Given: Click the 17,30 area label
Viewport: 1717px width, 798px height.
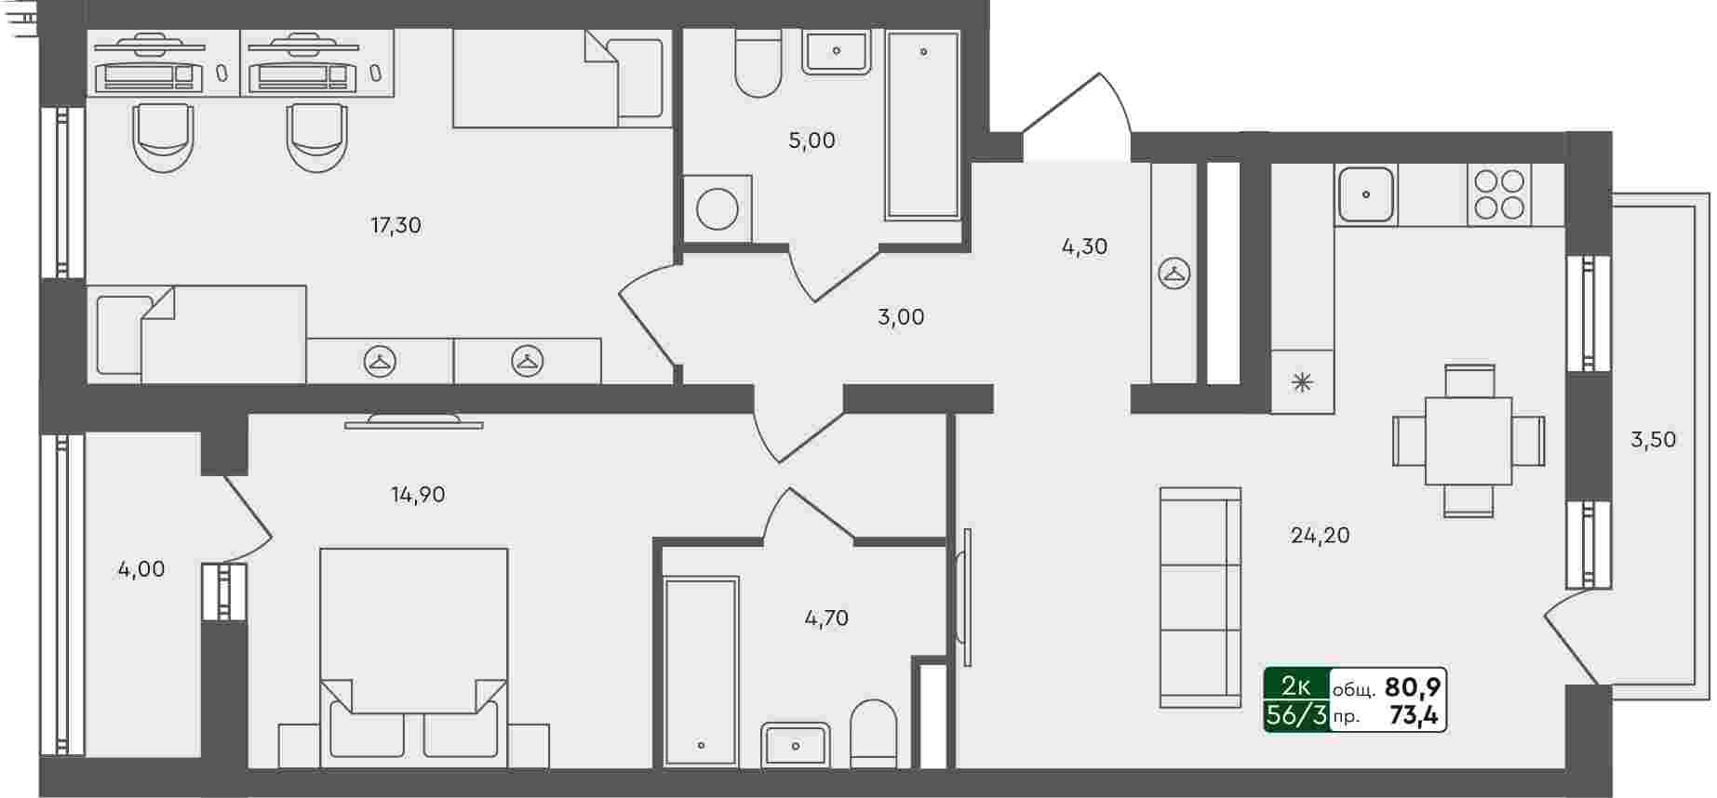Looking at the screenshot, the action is (396, 225).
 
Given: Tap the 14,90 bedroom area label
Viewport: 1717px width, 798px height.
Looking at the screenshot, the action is (418, 495).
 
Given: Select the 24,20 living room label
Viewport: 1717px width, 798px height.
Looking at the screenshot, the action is (1320, 535).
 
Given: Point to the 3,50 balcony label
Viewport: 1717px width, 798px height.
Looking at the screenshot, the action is (1653, 440).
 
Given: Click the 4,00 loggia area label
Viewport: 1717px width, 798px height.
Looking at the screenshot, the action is (141, 569).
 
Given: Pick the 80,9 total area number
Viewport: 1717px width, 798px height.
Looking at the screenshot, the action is (1413, 687).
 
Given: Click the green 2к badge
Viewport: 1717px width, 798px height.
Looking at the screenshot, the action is (1296, 686).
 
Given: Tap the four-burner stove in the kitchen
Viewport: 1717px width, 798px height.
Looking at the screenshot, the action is (1499, 194).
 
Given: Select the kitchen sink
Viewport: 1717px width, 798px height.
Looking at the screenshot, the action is (1365, 194).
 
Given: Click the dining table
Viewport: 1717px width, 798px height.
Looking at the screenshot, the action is (1469, 441).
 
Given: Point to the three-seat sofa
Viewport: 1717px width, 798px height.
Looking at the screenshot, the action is (1201, 597).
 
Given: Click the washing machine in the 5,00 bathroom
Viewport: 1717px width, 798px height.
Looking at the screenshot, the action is (717, 208).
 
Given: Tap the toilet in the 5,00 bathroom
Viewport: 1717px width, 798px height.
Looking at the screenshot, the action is (758, 62).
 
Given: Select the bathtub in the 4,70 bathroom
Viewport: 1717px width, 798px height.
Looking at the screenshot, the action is (701, 672).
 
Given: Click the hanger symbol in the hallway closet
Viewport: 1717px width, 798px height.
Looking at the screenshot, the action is (1174, 273).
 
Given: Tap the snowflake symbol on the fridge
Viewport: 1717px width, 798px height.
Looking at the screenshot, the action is (1302, 381).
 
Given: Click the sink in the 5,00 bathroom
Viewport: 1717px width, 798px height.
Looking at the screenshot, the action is (836, 51).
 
